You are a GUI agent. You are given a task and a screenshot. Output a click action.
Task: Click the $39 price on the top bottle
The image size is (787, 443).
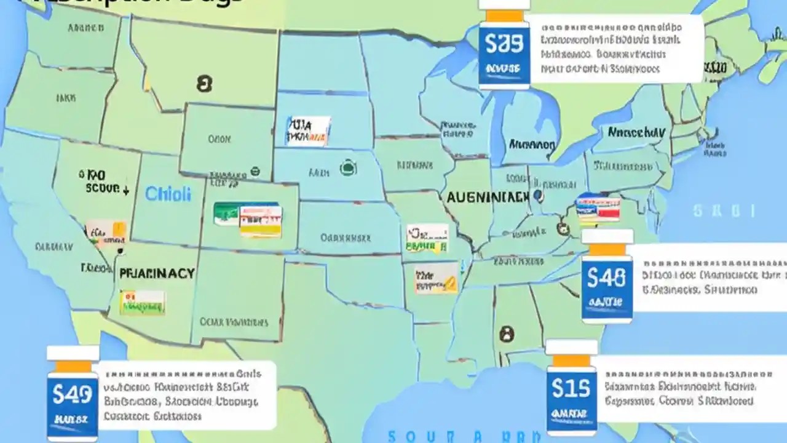point(504,43)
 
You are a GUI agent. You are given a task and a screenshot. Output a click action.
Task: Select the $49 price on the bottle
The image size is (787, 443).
point(73,394)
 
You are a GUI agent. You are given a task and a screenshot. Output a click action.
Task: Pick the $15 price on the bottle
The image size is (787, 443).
point(571,388)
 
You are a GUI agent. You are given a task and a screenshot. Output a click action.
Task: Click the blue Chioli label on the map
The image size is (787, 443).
point(168,194)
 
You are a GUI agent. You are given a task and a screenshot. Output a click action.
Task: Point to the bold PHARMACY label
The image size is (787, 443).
point(157,273)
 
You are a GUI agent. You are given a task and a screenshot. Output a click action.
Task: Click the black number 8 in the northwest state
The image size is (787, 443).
point(204,84)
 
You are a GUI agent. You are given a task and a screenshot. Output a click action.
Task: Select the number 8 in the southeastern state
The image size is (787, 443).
point(506,334)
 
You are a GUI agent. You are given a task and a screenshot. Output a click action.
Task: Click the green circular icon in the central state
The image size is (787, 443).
point(348,167)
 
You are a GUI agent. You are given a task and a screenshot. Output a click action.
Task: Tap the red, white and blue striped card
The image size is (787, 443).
point(598,208)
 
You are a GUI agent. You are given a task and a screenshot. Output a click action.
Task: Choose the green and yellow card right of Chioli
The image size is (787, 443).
point(248,220)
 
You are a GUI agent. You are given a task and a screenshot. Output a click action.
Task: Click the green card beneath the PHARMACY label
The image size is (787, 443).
point(142,302)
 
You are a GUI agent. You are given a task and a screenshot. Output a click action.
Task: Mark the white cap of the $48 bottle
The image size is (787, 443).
point(607,236)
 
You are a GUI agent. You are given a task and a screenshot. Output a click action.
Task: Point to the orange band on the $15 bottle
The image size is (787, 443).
point(571,361)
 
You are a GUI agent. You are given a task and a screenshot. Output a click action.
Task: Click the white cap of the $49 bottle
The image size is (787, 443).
point(73,353)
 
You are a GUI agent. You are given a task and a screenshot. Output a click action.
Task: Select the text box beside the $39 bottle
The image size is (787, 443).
point(616,49)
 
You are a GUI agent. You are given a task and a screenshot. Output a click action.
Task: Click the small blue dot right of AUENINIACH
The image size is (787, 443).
point(538,196)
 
